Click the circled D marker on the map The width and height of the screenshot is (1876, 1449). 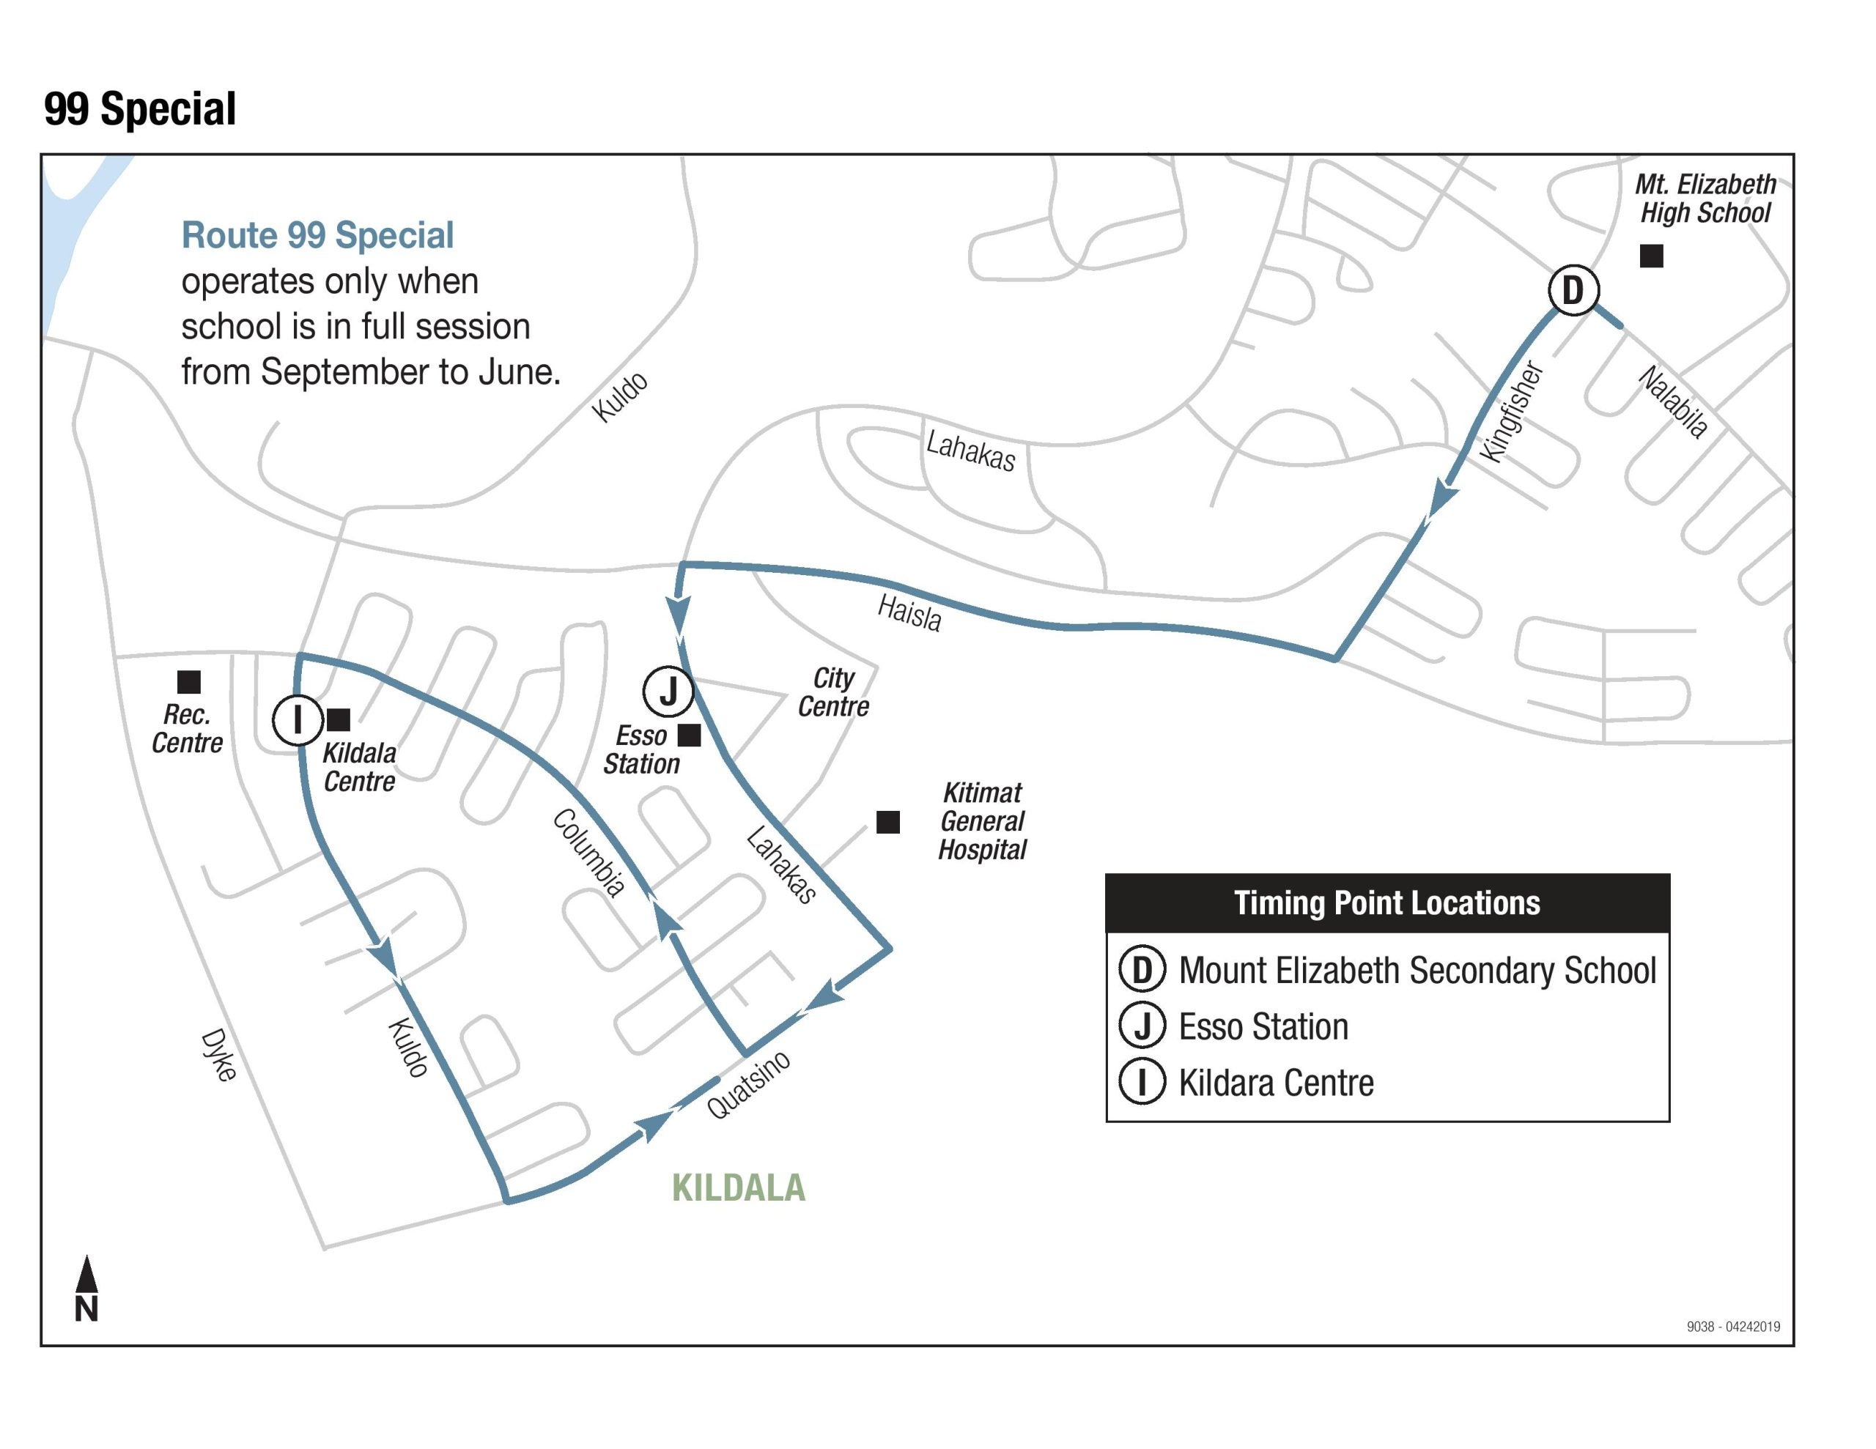pos(1573,290)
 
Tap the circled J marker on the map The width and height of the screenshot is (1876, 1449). pos(668,691)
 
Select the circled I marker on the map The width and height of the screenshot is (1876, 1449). pos(298,720)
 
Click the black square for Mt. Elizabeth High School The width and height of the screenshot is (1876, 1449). pos(1651,256)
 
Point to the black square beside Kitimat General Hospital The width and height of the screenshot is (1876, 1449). pos(887,822)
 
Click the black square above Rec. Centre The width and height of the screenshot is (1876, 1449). pos(189,682)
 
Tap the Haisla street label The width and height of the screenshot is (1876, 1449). pos(909,613)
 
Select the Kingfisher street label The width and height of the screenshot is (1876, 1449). pos(1512,412)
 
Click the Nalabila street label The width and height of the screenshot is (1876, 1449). pos(1672,402)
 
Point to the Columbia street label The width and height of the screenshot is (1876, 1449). pos(588,852)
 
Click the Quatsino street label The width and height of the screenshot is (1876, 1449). pos(748,1085)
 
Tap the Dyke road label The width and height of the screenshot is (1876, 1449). pos(218,1055)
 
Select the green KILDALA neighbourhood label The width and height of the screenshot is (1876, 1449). pos(738,1188)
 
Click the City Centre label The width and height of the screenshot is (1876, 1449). pos(832,692)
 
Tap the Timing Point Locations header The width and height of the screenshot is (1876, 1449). pos(1386,903)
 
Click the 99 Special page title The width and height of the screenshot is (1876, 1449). pos(140,109)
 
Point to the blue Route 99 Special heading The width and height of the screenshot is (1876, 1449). pos(317,235)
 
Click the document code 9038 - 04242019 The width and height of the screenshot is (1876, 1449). pos(1732,1326)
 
